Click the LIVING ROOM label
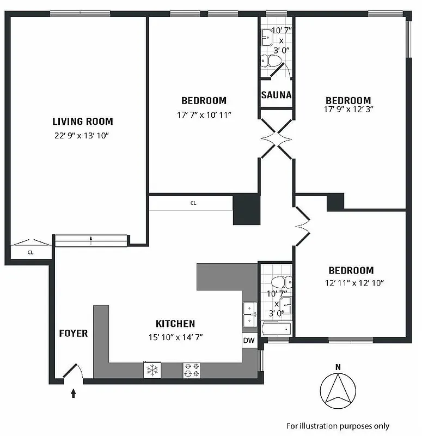(x=83, y=122)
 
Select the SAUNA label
(x=276, y=95)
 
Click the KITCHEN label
(x=175, y=324)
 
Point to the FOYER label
(x=73, y=333)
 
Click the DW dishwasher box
(x=249, y=341)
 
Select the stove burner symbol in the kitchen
(x=191, y=370)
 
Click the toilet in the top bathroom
(x=268, y=60)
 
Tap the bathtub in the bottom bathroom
(x=277, y=329)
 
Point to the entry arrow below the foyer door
(x=73, y=393)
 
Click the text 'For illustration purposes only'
(x=338, y=426)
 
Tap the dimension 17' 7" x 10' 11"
(x=204, y=115)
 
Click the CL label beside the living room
(x=30, y=252)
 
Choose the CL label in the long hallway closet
(x=193, y=203)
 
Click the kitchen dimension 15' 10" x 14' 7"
(x=175, y=337)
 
